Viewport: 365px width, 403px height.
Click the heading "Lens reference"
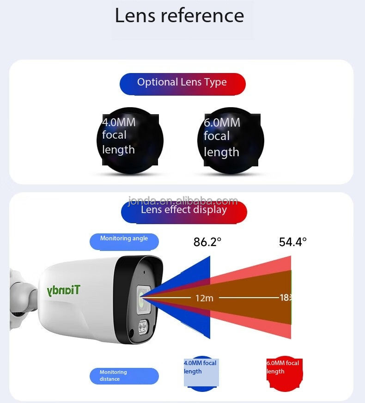179,16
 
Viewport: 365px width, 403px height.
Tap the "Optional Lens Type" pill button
182,83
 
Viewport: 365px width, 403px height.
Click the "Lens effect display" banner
184,210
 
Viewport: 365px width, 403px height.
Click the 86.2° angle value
207,242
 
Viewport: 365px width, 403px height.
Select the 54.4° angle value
292,242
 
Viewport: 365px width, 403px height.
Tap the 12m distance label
204,298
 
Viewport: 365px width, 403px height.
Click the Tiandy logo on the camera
63,290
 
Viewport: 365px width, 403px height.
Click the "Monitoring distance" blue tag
124,376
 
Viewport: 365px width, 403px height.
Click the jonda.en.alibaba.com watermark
183,201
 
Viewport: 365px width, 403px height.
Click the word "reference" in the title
202,16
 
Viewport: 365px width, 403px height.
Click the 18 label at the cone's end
285,298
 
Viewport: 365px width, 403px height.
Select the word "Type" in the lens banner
215,83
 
